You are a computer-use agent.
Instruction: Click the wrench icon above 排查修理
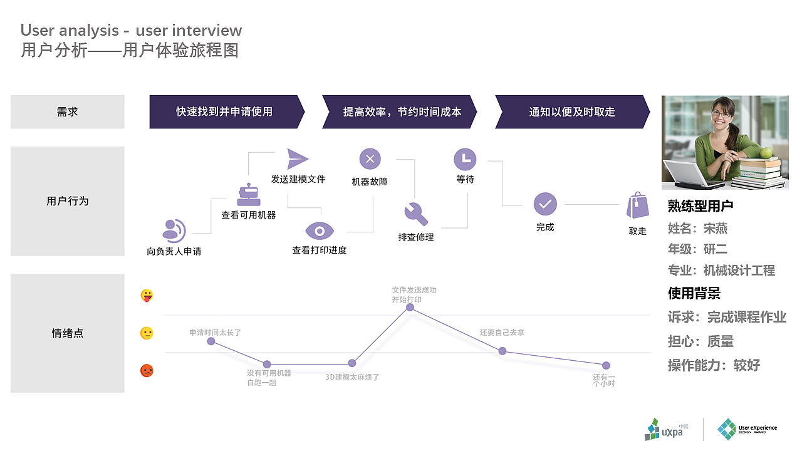coord(416,214)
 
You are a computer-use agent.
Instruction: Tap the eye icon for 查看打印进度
coord(320,231)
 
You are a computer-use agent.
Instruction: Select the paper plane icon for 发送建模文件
coord(298,158)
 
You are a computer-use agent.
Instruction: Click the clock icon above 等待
coord(465,159)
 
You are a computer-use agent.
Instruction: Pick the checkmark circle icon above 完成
coord(545,204)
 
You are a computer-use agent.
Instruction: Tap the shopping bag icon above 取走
coord(637,205)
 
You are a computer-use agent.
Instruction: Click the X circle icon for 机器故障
coord(370,159)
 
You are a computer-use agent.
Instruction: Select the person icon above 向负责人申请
coord(174,231)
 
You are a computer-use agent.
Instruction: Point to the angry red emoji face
coord(147,370)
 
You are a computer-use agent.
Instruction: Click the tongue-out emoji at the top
coord(147,296)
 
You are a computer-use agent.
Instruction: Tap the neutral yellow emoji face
coord(147,333)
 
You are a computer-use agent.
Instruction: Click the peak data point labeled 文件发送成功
coord(410,307)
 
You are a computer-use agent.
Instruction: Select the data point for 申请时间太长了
coord(211,341)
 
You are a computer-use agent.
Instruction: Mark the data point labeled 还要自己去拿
coord(502,351)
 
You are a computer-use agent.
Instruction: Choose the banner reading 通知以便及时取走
coord(571,112)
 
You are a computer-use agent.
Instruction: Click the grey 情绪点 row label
coord(68,333)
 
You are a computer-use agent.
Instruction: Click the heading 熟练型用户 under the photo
coord(700,206)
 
